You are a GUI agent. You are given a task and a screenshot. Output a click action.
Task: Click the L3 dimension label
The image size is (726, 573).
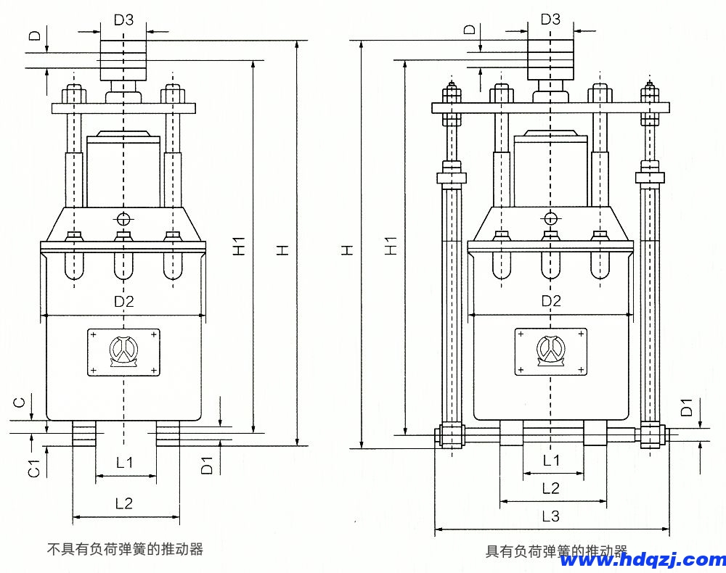[x=551, y=516]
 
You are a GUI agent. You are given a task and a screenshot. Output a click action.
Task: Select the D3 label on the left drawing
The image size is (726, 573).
[x=123, y=20]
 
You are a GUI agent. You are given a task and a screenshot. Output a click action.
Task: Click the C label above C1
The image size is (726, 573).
[x=21, y=401]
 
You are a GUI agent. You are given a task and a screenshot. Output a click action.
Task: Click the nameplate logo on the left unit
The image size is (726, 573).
[x=124, y=353]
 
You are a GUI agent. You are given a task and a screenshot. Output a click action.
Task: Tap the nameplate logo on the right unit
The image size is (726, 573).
[x=551, y=352]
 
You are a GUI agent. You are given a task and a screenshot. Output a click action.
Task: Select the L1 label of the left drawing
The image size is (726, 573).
[x=125, y=462]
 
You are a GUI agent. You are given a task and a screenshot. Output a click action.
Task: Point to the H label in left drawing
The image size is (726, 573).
[x=285, y=249]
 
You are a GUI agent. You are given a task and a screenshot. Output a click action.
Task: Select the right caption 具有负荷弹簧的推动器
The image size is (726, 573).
[x=555, y=551]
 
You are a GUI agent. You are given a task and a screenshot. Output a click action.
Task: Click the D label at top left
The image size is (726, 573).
[x=33, y=36]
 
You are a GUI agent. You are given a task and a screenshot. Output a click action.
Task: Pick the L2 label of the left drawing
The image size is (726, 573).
[x=125, y=503]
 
